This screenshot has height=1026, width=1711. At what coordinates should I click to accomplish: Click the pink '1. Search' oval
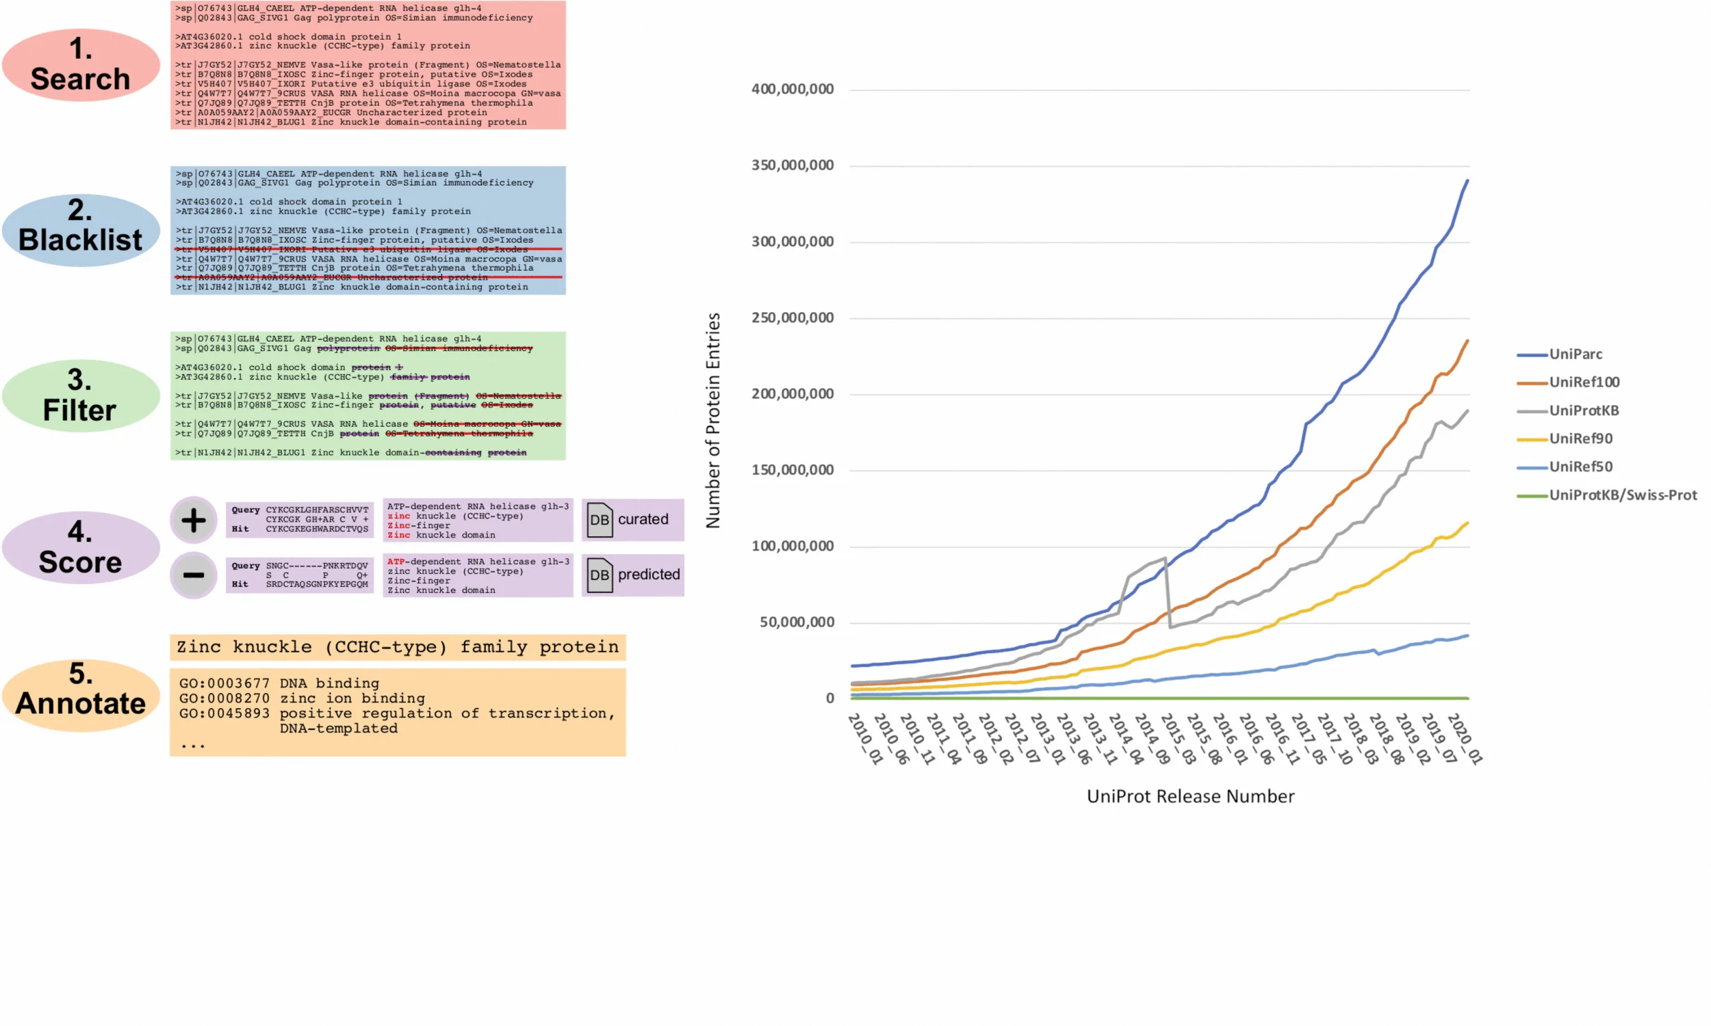(x=80, y=64)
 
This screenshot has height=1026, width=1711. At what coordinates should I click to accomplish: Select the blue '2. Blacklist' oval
(x=80, y=230)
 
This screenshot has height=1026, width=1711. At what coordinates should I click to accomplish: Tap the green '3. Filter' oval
(x=80, y=395)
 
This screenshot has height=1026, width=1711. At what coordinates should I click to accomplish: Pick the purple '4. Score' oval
(x=80, y=547)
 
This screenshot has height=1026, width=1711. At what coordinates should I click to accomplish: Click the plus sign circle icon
(x=194, y=520)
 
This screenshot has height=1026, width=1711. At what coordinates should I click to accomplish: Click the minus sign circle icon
(x=194, y=575)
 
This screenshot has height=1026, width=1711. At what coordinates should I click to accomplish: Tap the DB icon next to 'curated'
(x=600, y=520)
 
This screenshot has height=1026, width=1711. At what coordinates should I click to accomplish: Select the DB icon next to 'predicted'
(x=600, y=575)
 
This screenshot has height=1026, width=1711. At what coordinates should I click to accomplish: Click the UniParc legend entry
(x=1575, y=354)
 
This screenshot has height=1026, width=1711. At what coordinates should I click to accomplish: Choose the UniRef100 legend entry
(x=1584, y=382)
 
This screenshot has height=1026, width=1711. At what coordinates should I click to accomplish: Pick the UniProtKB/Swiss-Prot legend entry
(x=1623, y=495)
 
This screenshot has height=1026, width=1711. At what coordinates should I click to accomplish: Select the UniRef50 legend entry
(x=1580, y=466)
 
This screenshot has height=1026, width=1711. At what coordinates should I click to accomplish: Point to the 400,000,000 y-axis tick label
(x=793, y=89)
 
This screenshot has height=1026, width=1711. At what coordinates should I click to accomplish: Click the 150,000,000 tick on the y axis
(x=793, y=470)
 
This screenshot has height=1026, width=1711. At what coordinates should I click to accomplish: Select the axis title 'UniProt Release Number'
(x=1190, y=796)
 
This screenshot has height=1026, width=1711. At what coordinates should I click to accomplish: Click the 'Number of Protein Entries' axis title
(x=713, y=421)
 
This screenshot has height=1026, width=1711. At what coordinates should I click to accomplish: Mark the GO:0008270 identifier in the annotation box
(x=224, y=698)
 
